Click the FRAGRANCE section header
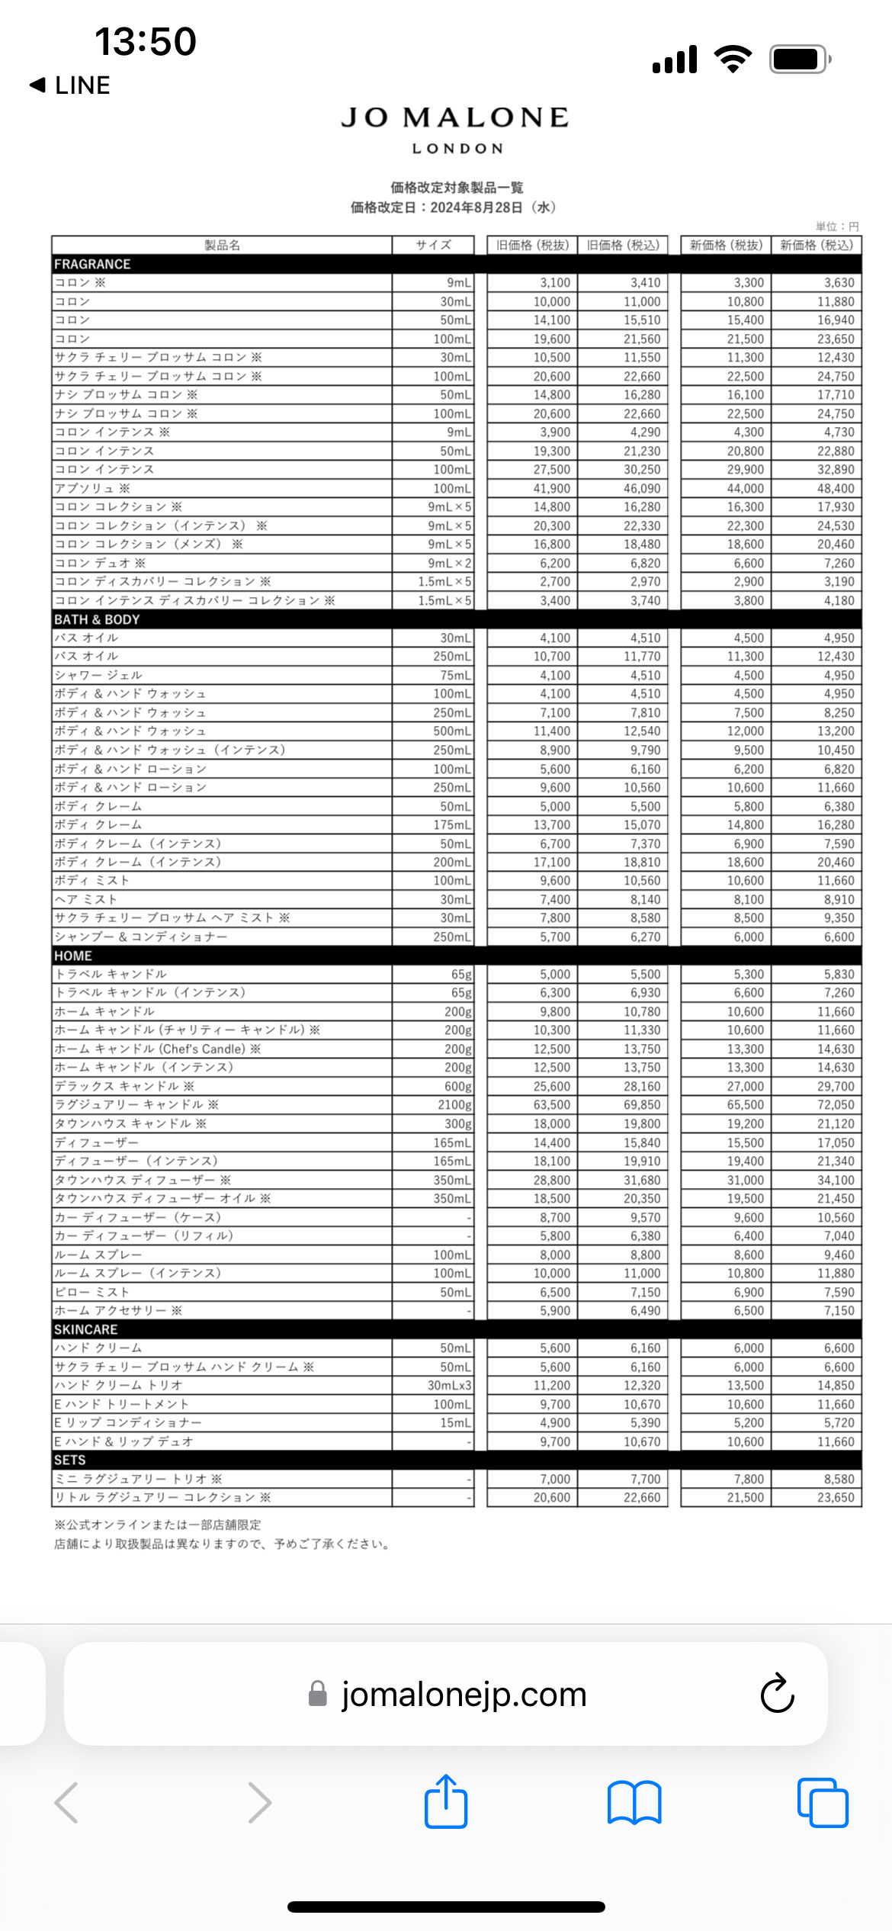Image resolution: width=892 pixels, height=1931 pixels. coord(92,264)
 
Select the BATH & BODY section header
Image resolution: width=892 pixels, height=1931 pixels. coord(97,619)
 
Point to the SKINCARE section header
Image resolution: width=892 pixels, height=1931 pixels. coord(85,1329)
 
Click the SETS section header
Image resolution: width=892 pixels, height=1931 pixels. coord(69,1460)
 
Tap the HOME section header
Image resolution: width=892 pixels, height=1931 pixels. coord(72,956)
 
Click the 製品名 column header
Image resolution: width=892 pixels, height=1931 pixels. coord(222,245)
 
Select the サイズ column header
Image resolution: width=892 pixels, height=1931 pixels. coord(433,245)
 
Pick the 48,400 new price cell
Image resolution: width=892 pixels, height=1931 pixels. coord(836,488)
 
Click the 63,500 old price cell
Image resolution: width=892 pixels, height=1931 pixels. coord(551,1105)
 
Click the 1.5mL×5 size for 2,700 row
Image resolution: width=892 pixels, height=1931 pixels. coord(444,582)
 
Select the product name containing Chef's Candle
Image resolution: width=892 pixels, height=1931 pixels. coord(157,1049)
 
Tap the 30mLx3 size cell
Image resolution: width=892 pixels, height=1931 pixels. coord(449,1386)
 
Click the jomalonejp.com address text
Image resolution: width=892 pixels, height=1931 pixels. coord(464,1694)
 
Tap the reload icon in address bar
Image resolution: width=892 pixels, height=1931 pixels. coord(777,1694)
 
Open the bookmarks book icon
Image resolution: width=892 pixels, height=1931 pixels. coord(634,1803)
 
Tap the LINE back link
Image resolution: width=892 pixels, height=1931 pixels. coord(70,85)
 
